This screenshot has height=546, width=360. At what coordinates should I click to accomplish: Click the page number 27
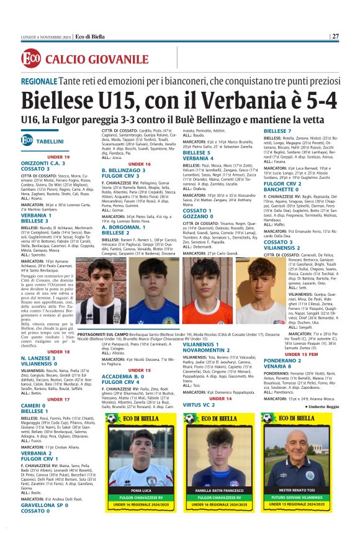click(335, 36)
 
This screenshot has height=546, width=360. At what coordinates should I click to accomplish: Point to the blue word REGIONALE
click(38, 81)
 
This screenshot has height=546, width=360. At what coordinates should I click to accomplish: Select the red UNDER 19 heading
click(58, 157)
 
